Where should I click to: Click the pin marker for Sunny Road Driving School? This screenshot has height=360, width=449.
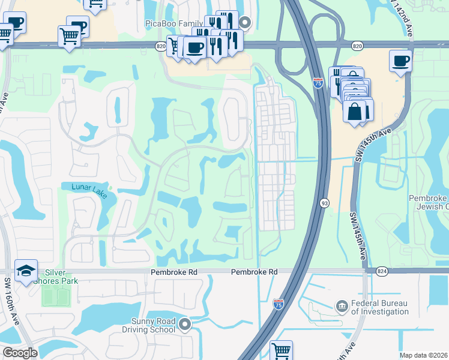click(185, 325)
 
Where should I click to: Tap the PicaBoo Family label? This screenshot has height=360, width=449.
click(170, 23)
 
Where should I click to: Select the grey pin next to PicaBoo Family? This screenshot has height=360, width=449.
click(245, 23)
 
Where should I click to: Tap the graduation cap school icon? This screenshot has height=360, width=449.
click(26, 271)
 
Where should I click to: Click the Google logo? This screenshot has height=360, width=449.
click(20, 353)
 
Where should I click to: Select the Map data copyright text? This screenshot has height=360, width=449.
click(424, 355)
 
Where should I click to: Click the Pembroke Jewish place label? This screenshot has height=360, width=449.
click(429, 202)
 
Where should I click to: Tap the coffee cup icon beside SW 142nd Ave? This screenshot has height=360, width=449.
click(400, 60)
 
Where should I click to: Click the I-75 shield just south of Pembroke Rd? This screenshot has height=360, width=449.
click(279, 305)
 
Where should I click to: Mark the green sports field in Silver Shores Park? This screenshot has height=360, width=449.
click(55, 295)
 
